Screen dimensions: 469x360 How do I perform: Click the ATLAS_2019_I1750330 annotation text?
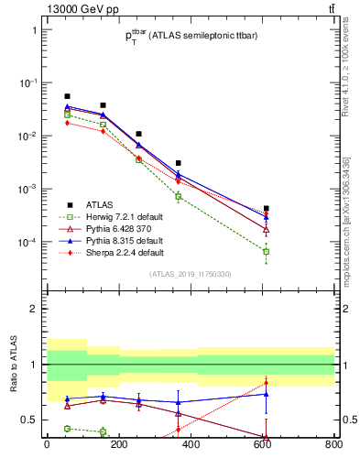click(191, 274)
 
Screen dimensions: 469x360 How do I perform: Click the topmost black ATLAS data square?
click(67, 96)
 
